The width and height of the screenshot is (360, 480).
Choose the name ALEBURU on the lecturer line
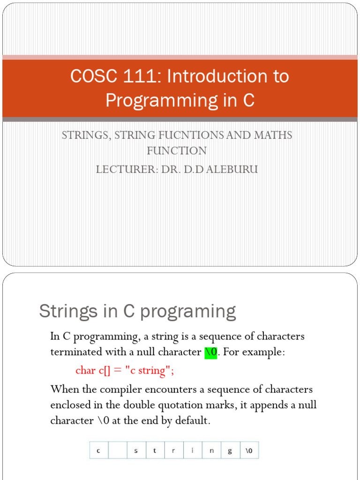click(233, 169)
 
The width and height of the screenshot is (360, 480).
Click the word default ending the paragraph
click(192, 421)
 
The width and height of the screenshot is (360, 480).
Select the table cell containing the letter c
click(99, 451)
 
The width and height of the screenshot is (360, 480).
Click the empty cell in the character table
click(118, 451)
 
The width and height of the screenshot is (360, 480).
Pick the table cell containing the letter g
click(230, 451)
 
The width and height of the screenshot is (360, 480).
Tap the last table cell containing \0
click(249, 451)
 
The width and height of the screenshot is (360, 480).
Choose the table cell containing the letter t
click(155, 451)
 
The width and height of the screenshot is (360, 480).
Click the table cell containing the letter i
click(193, 451)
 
